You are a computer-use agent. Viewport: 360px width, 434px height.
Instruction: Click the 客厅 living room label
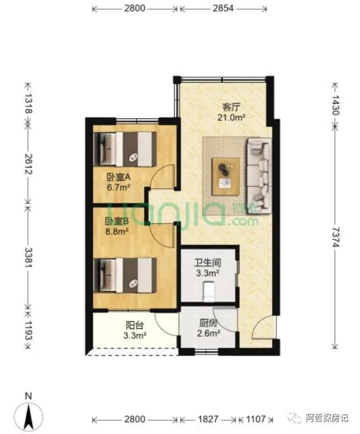[231, 107]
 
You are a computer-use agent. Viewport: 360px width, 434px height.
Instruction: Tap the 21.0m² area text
[231, 118]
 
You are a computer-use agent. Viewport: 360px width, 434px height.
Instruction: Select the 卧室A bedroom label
[118, 177]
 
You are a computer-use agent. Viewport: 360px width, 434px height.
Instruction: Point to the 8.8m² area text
[117, 231]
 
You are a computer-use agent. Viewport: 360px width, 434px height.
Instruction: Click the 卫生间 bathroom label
[207, 262]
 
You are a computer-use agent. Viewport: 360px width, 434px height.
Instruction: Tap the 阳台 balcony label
[134, 325]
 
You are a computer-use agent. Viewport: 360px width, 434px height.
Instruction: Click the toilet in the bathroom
[208, 292]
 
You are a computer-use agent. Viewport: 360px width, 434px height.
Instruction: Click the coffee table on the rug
[226, 177]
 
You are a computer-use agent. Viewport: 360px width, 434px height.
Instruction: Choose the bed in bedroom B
[125, 275]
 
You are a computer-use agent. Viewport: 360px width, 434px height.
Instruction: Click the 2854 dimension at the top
[223, 9]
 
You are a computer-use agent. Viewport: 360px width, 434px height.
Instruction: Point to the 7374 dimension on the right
[335, 237]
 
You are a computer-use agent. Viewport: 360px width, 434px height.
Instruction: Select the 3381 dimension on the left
[29, 257]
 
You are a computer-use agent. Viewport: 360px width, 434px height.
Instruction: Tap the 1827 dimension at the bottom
[208, 419]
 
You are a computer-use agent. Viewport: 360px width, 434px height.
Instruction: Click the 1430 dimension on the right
[335, 105]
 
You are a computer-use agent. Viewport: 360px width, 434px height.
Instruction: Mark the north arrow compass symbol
[29, 413]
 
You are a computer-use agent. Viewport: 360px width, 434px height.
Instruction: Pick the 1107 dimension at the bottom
[256, 419]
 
